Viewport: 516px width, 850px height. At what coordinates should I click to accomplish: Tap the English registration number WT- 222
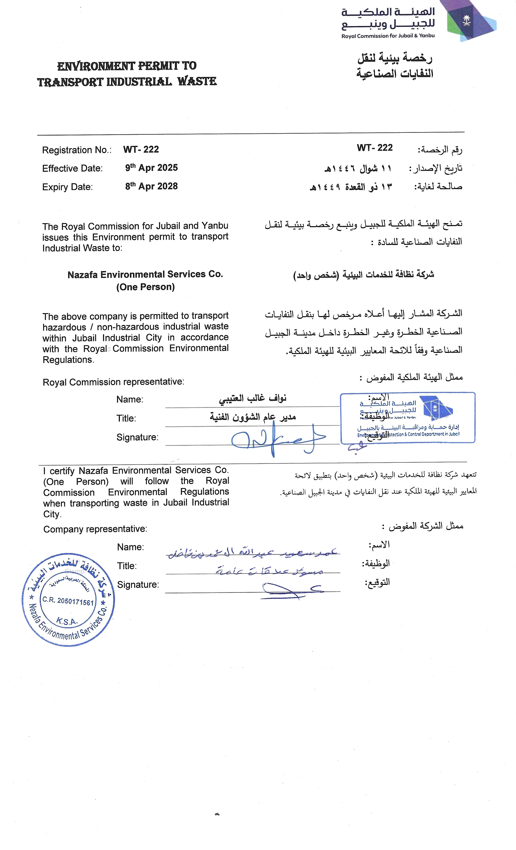[141, 149]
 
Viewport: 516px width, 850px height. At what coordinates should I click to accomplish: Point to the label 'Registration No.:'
[77, 150]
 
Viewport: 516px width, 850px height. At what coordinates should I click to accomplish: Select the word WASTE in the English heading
[197, 82]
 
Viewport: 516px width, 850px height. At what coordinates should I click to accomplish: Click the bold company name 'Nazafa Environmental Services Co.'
[145, 275]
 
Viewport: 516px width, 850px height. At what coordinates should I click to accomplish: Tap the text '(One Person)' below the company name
[145, 287]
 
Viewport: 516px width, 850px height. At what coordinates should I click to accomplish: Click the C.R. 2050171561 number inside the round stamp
[68, 601]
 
